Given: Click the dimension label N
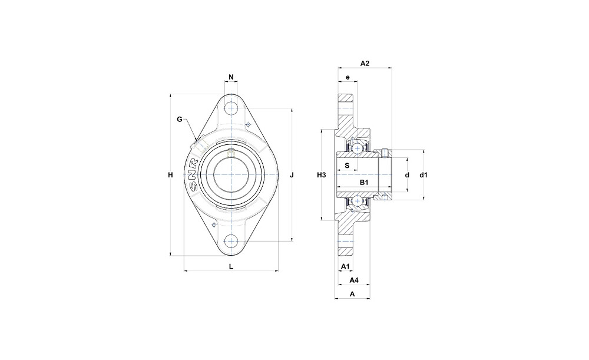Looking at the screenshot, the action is click(x=231, y=77).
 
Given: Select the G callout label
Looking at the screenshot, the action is click(x=180, y=120).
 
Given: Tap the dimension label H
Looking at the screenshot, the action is click(x=171, y=175).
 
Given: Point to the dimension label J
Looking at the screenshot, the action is click(x=292, y=175).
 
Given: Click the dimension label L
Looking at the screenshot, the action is click(x=231, y=266).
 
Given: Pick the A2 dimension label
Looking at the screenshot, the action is click(x=365, y=64).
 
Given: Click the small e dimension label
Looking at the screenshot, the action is click(x=348, y=77).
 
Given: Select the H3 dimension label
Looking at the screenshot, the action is click(x=321, y=175).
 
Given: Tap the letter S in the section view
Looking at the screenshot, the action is click(x=347, y=166).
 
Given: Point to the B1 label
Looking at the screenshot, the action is click(x=364, y=183).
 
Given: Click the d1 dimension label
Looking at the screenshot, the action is click(x=423, y=175).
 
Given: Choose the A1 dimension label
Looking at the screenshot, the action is click(x=345, y=266).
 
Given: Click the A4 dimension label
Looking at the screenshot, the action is click(x=354, y=280).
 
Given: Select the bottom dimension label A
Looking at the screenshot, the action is click(x=352, y=294).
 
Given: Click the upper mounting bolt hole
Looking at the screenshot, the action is click(x=231, y=108).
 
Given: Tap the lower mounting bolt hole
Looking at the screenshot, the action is click(x=231, y=241).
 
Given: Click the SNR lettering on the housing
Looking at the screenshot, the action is click(x=194, y=176).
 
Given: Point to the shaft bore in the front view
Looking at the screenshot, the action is click(x=231, y=175).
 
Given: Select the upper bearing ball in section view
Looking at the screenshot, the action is click(x=356, y=148).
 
